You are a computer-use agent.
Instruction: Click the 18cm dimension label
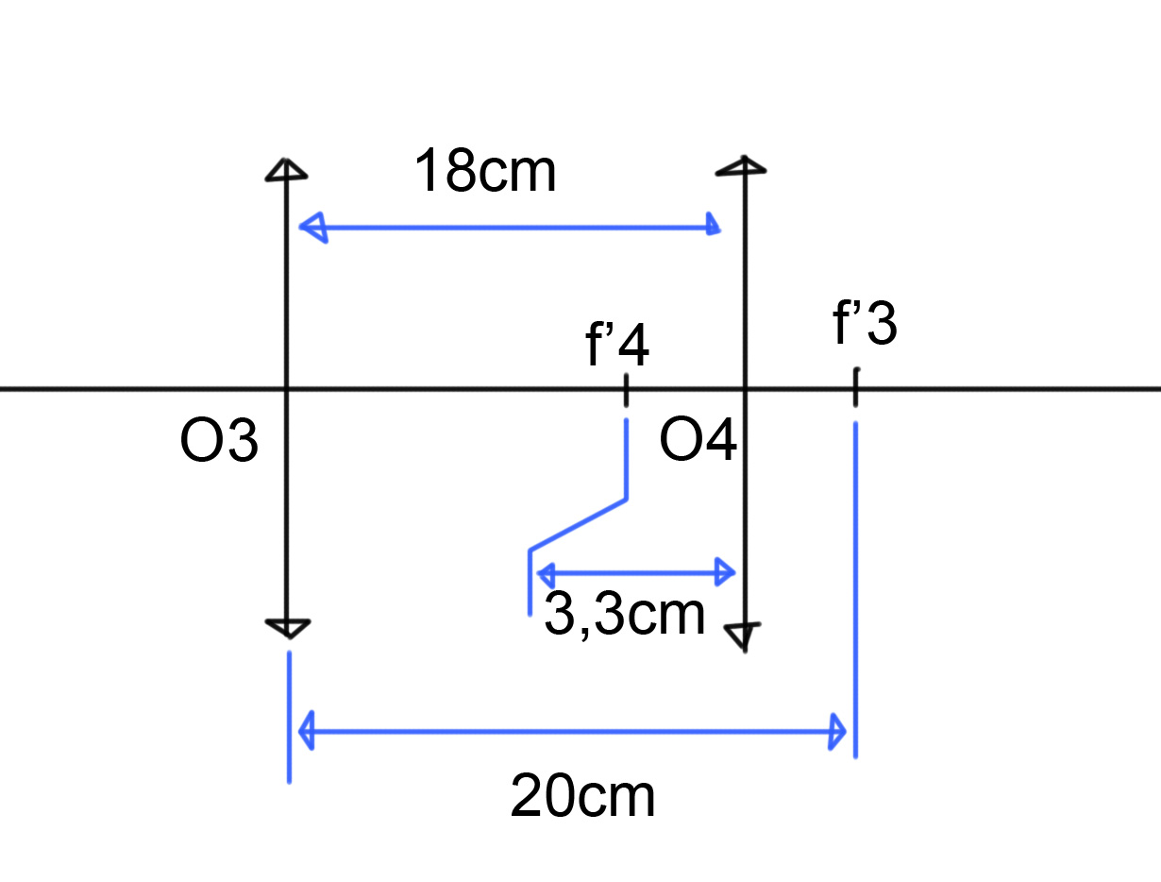[486, 172]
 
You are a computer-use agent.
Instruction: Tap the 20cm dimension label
[582, 796]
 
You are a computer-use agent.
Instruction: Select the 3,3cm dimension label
[625, 616]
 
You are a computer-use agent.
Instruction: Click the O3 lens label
[219, 442]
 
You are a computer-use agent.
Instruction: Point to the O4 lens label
[698, 441]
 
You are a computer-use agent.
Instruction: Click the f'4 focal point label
[617, 347]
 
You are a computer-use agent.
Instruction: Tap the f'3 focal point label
[866, 326]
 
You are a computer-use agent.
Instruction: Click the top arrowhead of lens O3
[285, 169]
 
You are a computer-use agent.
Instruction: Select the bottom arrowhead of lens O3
[287, 628]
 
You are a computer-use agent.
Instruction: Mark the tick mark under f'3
[855, 387]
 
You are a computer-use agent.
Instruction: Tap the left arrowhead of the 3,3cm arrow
[547, 572]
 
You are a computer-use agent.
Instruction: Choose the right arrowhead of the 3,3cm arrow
[725, 571]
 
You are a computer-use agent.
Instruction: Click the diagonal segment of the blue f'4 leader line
[577, 524]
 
